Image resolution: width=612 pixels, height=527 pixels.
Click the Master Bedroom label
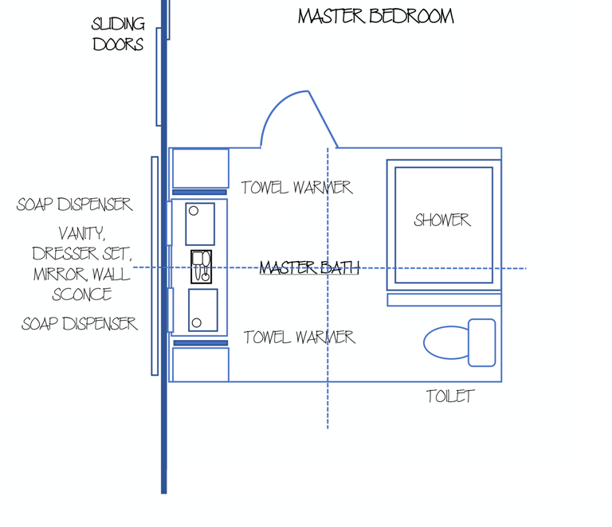[x=376, y=16]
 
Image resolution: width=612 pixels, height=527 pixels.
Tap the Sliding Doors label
[x=118, y=34]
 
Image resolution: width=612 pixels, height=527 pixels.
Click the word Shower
[x=442, y=221]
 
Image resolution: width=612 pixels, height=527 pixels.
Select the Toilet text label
[x=450, y=396]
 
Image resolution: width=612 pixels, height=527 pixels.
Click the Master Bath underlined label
[x=309, y=268]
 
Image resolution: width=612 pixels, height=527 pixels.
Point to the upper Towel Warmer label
[x=296, y=188]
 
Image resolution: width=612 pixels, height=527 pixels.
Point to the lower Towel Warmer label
[x=299, y=338]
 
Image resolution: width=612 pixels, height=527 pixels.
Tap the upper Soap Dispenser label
[x=74, y=205]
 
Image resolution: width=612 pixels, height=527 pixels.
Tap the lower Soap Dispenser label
[x=79, y=324]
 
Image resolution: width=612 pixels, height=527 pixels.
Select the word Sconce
[x=81, y=295]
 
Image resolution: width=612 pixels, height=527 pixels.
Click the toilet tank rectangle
[x=482, y=342]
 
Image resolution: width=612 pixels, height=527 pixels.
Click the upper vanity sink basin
[x=200, y=224]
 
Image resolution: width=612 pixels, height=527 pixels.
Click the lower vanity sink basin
[x=203, y=310]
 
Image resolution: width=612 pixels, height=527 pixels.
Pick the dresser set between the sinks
[x=201, y=267]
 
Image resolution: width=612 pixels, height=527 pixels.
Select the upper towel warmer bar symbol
[x=200, y=192]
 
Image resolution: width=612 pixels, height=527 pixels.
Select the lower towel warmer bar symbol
[x=200, y=343]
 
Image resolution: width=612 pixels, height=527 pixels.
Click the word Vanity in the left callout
[x=81, y=234]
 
